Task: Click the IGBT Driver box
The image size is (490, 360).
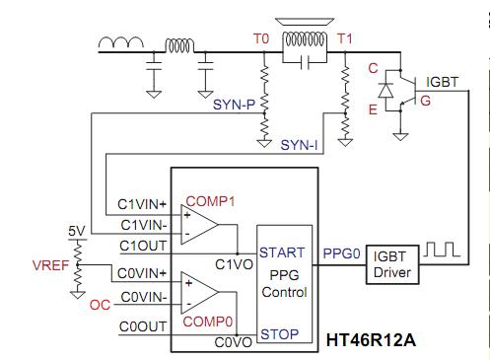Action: [x=392, y=264]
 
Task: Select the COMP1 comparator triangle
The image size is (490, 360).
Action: [x=199, y=225]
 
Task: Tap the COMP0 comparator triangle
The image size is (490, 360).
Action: [x=199, y=292]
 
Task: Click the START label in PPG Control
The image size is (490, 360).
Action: [x=282, y=252]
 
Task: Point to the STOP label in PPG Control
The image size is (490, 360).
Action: [x=280, y=334]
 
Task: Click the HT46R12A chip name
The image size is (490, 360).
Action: [x=371, y=340]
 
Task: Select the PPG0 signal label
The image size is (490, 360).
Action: [x=342, y=253]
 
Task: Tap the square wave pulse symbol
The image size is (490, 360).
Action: [x=442, y=250]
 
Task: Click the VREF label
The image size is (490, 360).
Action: [x=50, y=265]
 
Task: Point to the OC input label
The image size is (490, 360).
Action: [x=100, y=305]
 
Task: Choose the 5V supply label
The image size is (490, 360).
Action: [x=77, y=231]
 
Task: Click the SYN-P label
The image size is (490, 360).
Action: [x=234, y=105]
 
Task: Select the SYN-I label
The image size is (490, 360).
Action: [x=299, y=145]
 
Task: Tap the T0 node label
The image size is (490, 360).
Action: [x=261, y=38]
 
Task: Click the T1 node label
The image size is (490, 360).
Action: [x=345, y=38]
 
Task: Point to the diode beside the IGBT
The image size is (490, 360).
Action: [x=385, y=91]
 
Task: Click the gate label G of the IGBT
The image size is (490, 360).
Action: [x=425, y=101]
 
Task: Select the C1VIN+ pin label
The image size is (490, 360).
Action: [x=142, y=204]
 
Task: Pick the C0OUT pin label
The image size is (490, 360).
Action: [x=143, y=326]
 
